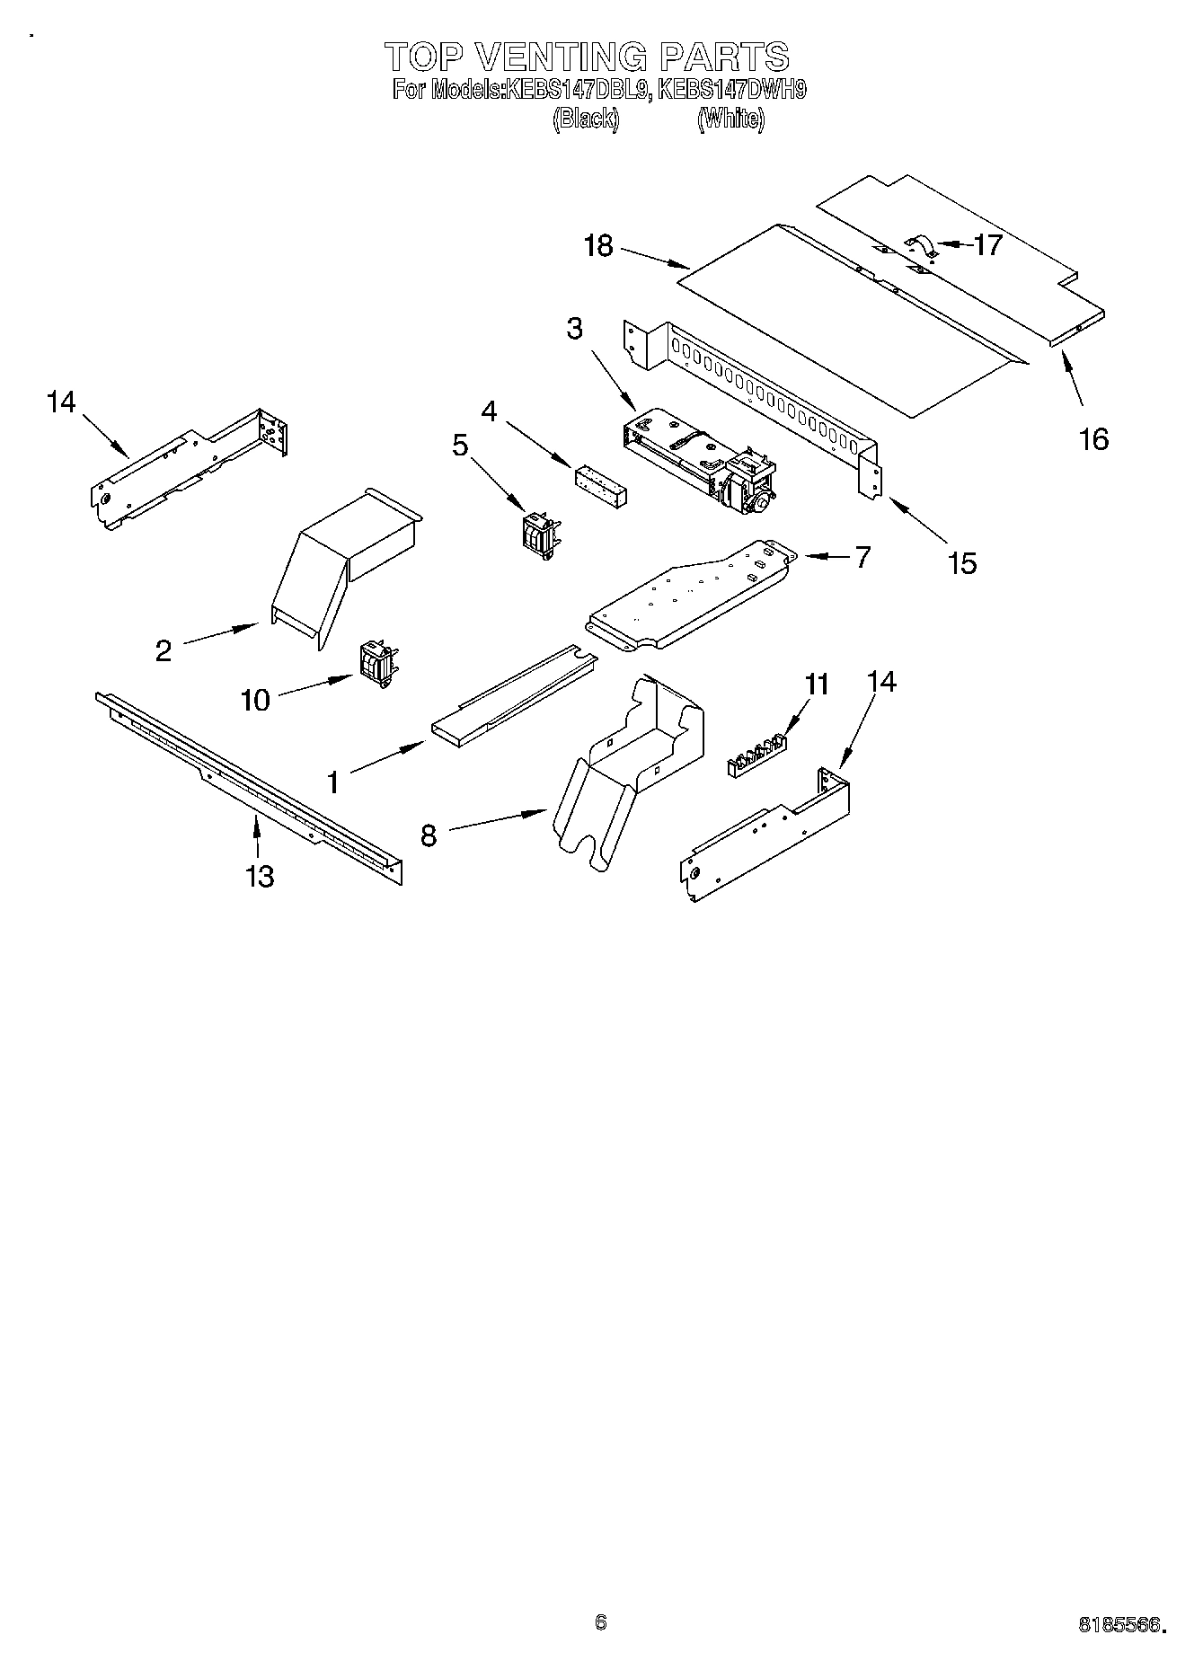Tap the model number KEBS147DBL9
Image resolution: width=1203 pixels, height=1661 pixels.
[576, 90]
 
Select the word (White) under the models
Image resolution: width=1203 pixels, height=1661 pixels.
[730, 119]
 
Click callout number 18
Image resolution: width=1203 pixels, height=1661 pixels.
[597, 245]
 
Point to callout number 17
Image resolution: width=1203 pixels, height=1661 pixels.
[988, 245]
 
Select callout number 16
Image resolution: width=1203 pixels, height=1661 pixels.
[1093, 438]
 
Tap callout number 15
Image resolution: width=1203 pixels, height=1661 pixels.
[961, 563]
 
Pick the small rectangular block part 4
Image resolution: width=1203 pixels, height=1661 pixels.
[600, 485]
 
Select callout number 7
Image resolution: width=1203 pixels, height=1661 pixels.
[862, 557]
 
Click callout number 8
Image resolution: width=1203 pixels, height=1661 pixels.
[429, 835]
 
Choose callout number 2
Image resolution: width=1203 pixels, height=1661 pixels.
[163, 649]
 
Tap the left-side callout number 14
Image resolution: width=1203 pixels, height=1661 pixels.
[61, 402]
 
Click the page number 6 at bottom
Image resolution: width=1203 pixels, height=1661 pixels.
[601, 1621]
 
